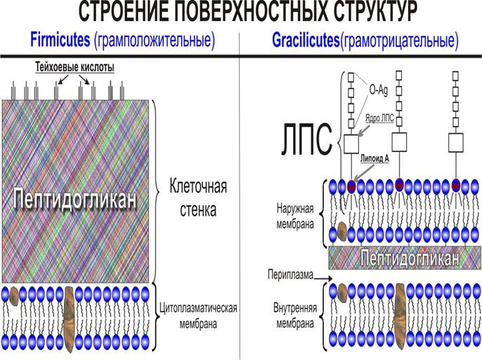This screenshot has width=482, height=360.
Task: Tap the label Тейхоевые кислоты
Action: [74, 67]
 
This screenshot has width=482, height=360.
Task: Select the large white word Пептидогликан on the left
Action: [74, 199]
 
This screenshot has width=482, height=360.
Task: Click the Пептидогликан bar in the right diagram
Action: [404, 257]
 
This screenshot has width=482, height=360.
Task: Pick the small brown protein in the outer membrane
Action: [342, 231]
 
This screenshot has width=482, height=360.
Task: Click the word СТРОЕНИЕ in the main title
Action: [126, 12]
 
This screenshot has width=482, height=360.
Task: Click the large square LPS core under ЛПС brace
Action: [351, 144]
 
